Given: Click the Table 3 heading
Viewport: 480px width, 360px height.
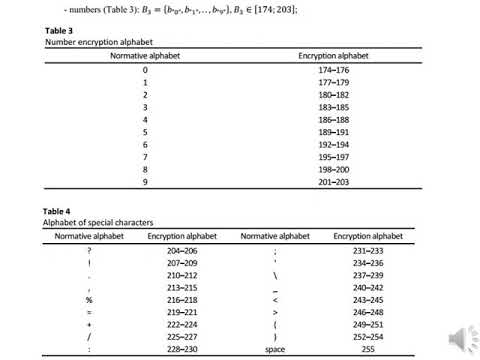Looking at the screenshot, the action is pos(60,31).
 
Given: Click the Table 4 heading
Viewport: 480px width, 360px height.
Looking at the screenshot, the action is pos(60,211).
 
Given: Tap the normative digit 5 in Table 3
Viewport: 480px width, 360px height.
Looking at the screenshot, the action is pos(145,130).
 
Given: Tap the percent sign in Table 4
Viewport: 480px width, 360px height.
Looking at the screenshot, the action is pos(89,298).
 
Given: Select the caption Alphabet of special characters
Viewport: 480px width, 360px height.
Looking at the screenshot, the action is pos(97,222).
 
